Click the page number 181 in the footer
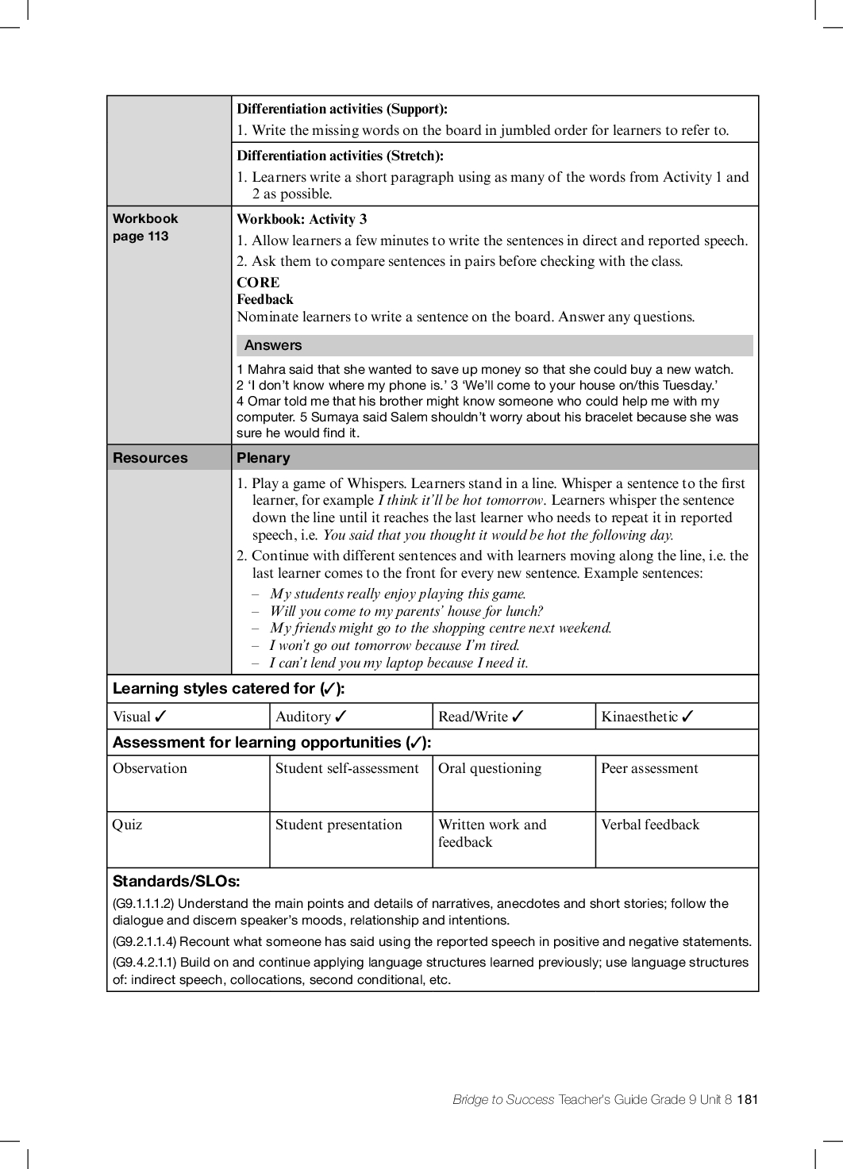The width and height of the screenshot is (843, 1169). tap(748, 1099)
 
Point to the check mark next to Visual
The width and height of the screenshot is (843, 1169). tap(160, 717)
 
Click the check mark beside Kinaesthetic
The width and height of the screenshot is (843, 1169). tap(687, 717)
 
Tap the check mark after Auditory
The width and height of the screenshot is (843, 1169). tap(341, 717)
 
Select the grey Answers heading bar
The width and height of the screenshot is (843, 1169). tap(494, 345)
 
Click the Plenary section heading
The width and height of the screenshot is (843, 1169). tap(264, 458)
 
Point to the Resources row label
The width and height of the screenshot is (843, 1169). tap(150, 458)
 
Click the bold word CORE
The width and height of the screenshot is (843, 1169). tap(258, 283)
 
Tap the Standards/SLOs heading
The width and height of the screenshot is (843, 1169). tap(176, 881)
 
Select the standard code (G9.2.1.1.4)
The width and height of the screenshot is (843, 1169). tap(144, 942)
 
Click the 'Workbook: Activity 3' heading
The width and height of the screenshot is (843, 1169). tap(302, 220)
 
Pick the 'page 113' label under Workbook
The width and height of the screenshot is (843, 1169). tap(140, 236)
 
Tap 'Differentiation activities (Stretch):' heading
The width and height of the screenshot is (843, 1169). tap(340, 156)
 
